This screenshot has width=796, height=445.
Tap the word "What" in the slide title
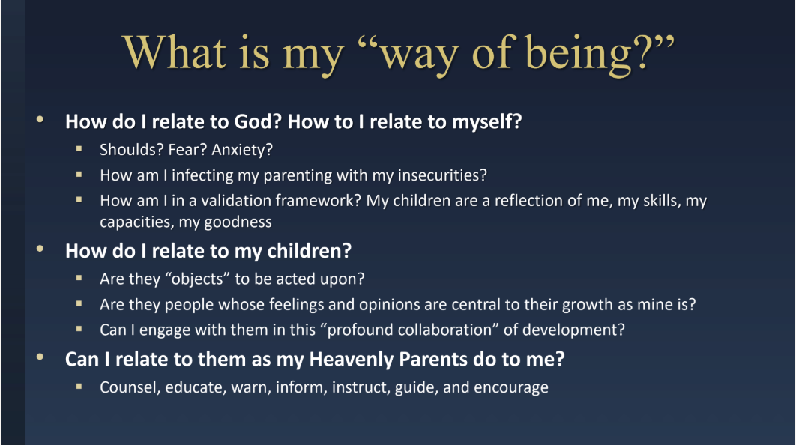pyautogui.click(x=175, y=52)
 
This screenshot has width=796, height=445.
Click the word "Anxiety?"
pyautogui.click(x=242, y=150)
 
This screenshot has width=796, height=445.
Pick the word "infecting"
pyautogui.click(x=202, y=175)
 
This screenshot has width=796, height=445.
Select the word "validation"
pyautogui.click(x=235, y=201)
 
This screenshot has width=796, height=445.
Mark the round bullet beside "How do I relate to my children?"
pyautogui.click(x=40, y=249)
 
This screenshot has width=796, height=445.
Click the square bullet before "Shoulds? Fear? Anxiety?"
pyautogui.click(x=79, y=148)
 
